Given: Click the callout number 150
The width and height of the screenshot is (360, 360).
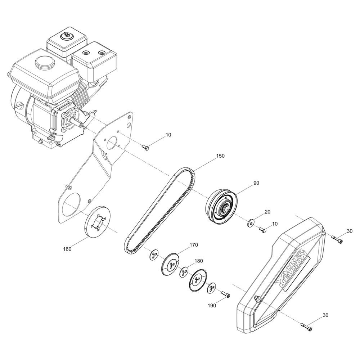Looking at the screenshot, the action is click(220, 156).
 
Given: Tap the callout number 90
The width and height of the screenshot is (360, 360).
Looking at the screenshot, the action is click(256, 183).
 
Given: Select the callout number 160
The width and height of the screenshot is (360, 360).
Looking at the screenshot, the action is click(67, 249).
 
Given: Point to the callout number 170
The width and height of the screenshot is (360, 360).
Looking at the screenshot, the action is click(194, 245).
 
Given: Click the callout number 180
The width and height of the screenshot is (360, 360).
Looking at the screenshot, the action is click(199, 261).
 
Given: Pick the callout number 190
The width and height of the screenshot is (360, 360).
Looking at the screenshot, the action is click(212, 306).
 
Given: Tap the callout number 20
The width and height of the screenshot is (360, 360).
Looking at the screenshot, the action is click(267, 212).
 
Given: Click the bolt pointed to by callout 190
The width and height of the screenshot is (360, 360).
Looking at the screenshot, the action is click(226, 294).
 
